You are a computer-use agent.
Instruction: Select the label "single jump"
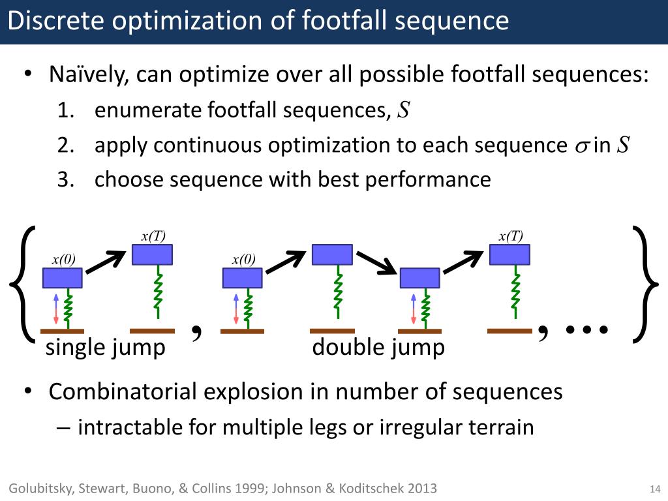(x=105, y=348)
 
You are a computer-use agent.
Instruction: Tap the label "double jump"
(x=378, y=348)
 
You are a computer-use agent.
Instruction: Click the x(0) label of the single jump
(x=63, y=260)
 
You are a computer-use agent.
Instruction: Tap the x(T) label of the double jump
(x=511, y=236)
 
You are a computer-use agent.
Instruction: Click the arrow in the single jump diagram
(x=106, y=262)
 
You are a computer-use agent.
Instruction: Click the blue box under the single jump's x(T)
(x=152, y=254)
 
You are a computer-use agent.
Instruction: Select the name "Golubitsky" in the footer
(x=39, y=489)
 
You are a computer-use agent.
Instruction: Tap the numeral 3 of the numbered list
(x=63, y=180)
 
